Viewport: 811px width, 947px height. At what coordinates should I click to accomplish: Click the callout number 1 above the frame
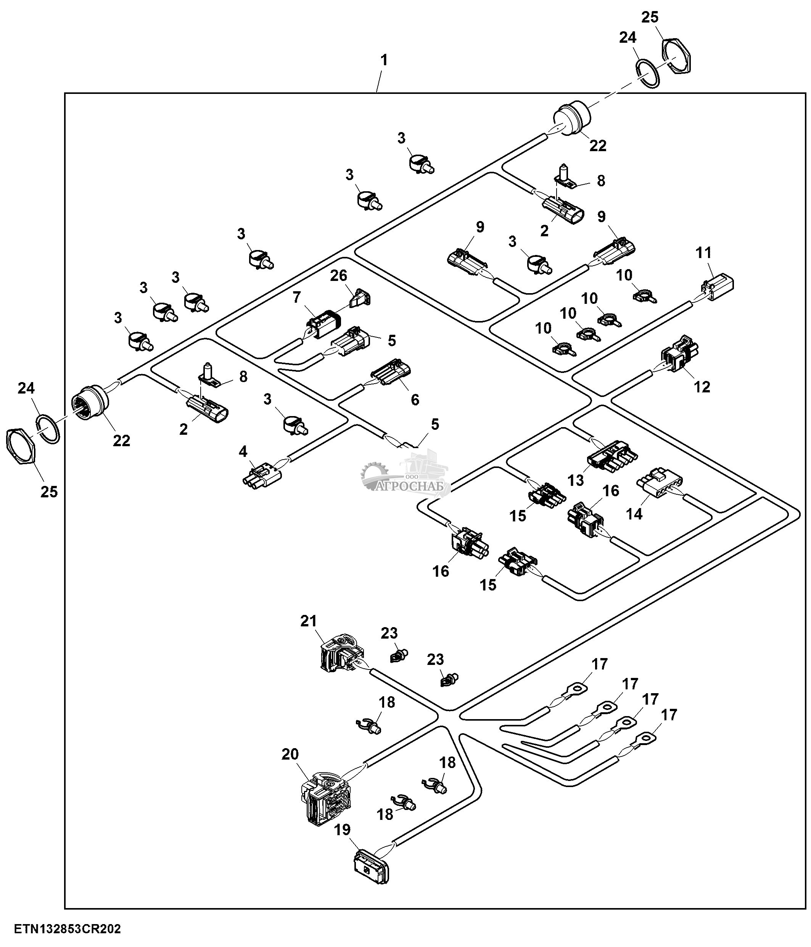384,60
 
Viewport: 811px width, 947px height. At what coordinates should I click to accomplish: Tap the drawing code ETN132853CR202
68,929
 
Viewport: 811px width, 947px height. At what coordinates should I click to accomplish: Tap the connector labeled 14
659,481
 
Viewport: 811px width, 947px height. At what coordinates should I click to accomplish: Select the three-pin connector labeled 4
262,476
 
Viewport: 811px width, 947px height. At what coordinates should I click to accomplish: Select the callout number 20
290,754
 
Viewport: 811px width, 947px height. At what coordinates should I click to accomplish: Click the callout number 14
634,514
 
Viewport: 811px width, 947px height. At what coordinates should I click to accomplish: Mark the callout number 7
297,298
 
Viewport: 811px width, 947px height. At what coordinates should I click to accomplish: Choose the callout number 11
704,252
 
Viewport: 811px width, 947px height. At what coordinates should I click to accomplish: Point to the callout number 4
243,452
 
